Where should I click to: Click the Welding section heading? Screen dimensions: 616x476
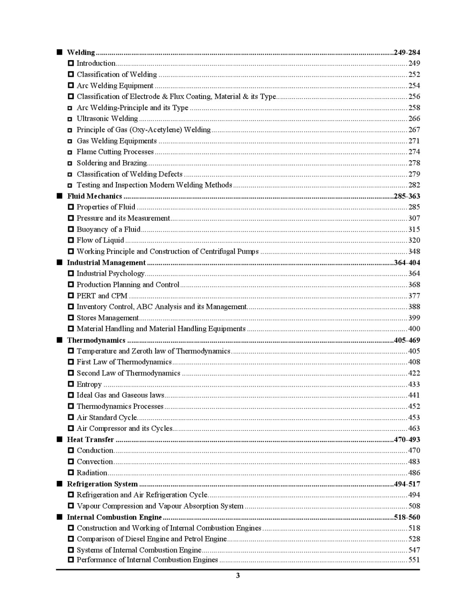[x=81, y=52]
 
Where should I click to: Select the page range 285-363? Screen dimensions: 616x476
[x=407, y=196]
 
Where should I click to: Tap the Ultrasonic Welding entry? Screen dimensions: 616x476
[x=107, y=119]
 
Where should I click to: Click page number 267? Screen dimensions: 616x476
[x=414, y=130]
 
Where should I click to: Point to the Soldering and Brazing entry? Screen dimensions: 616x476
[x=112, y=163]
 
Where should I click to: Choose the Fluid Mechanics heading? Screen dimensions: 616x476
[x=94, y=196]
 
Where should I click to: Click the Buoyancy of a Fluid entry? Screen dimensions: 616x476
[x=108, y=229]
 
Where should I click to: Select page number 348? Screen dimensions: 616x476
[x=414, y=251]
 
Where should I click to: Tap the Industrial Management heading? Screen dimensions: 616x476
[x=106, y=263]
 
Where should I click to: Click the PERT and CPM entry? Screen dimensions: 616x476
[x=102, y=296]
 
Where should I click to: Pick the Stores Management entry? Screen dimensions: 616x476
[x=107, y=318]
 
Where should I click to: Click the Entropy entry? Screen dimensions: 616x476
[x=89, y=384]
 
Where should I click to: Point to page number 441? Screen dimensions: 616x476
[x=414, y=395]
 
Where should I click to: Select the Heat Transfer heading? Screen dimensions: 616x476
[x=91, y=440]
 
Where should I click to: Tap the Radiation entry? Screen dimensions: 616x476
[x=92, y=473]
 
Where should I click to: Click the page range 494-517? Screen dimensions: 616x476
[x=407, y=484]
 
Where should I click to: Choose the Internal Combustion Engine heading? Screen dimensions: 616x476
[x=114, y=517]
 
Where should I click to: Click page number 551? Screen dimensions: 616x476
[x=414, y=560]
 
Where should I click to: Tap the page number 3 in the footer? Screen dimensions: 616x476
[x=238, y=576]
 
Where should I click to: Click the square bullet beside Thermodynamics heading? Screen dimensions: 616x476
[x=59, y=340]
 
